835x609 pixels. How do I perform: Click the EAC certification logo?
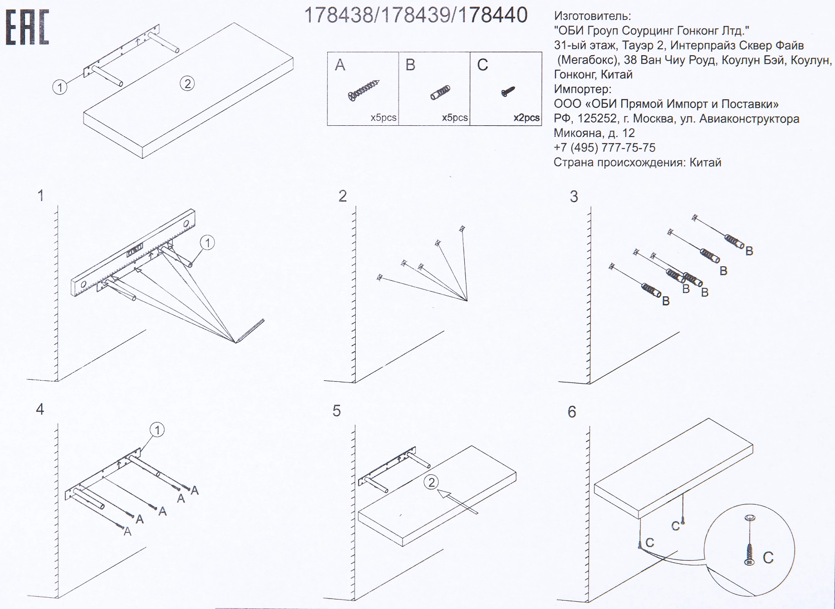(x=27, y=27)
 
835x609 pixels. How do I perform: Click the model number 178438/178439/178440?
(x=415, y=15)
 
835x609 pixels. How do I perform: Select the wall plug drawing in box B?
(x=440, y=92)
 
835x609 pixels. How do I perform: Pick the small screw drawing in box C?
(x=508, y=91)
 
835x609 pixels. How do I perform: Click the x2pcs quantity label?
(x=526, y=118)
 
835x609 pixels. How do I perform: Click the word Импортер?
(x=582, y=90)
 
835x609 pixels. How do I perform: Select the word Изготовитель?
(x=592, y=16)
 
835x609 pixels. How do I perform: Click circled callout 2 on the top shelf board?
(x=187, y=84)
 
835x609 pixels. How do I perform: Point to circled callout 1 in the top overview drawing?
(x=60, y=87)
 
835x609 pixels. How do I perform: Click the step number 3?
(x=574, y=197)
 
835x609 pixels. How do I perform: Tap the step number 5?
(x=337, y=411)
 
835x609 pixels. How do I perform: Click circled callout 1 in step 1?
(x=207, y=243)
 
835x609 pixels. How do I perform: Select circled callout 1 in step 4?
(x=158, y=430)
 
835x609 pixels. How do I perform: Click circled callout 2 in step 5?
(x=431, y=482)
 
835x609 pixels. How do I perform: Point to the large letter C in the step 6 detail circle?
(x=768, y=558)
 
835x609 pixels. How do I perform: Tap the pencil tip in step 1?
(x=236, y=342)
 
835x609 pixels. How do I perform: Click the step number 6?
(x=572, y=412)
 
